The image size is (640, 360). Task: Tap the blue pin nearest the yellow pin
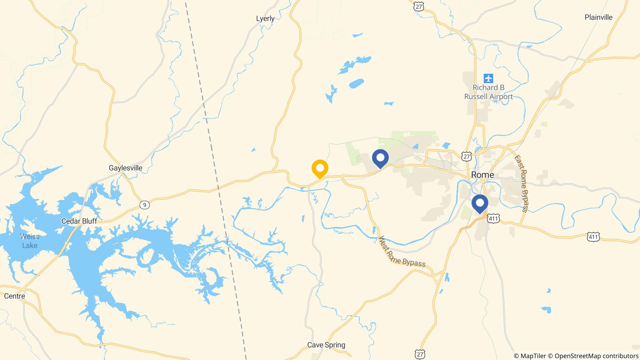pyautogui.click(x=380, y=158)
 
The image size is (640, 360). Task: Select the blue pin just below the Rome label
pyautogui.click(x=480, y=203)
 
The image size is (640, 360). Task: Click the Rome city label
pyautogui.click(x=482, y=175)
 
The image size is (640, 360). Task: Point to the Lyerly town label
pyautogui.click(x=265, y=18)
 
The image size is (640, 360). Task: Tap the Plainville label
pyautogui.click(x=598, y=17)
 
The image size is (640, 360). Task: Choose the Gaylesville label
pyautogui.click(x=125, y=168)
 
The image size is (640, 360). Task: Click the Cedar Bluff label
pyautogui.click(x=79, y=221)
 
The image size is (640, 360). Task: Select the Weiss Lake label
pyautogui.click(x=30, y=241)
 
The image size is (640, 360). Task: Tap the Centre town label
pyautogui.click(x=14, y=296)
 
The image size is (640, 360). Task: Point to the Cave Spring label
pyautogui.click(x=326, y=345)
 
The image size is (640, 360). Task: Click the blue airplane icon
pyautogui.click(x=488, y=78)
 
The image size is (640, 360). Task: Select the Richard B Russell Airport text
pyautogui.click(x=488, y=92)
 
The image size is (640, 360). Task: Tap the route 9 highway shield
pyautogui.click(x=144, y=205)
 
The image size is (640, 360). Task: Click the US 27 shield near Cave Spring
pyautogui.click(x=421, y=354)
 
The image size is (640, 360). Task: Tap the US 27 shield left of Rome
pyautogui.click(x=467, y=156)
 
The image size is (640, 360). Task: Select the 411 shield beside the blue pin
pyautogui.click(x=493, y=218)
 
